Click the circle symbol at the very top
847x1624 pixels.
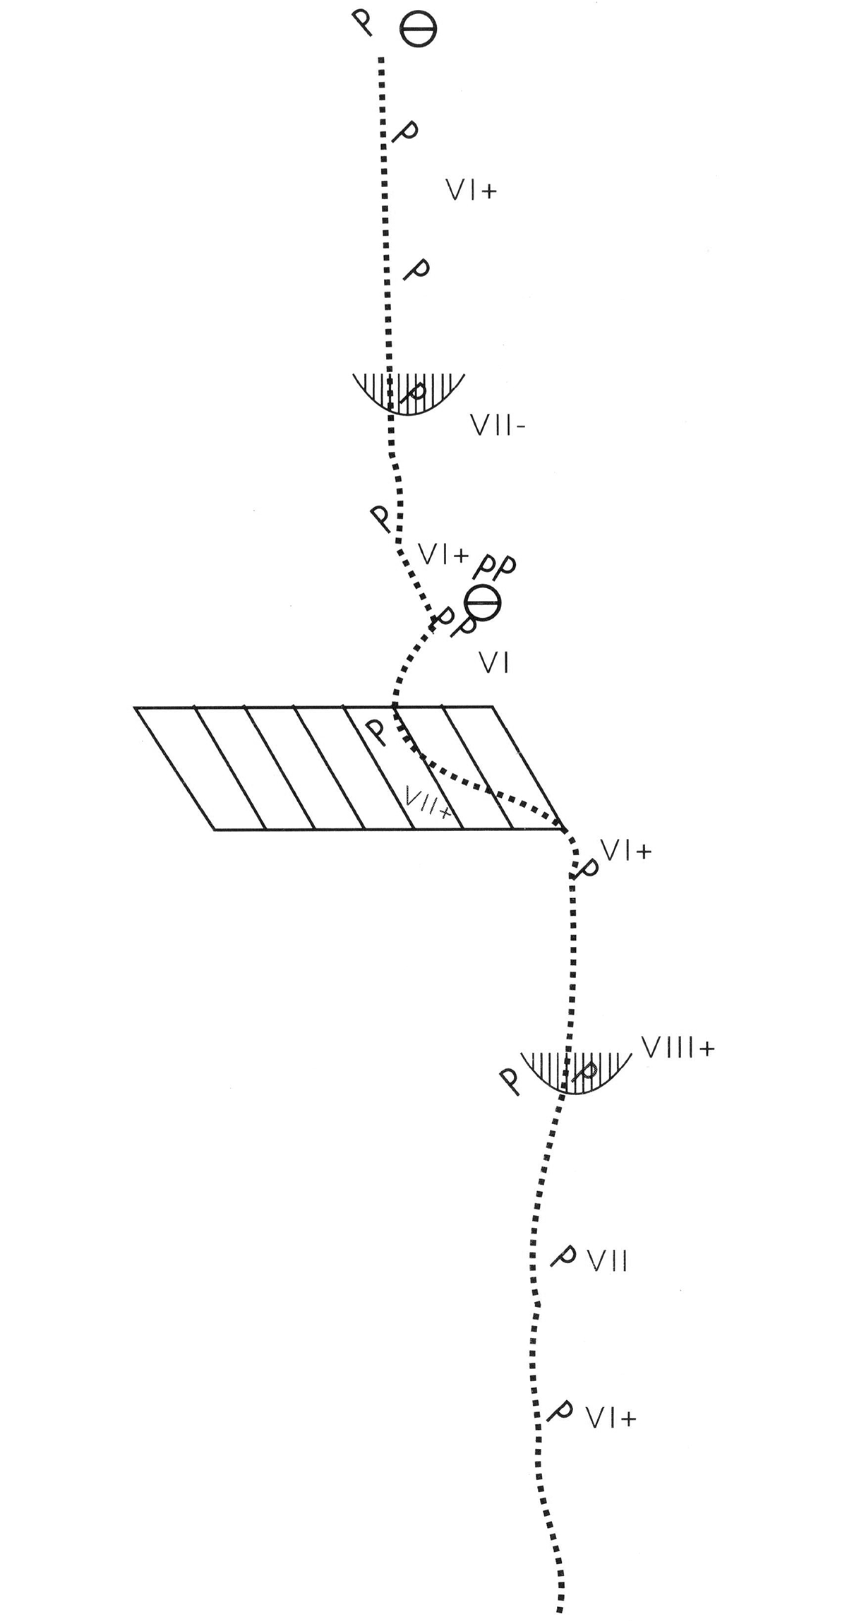tap(418, 30)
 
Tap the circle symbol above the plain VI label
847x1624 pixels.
tap(483, 603)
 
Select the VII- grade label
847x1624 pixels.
tap(497, 425)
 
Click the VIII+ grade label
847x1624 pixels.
tap(678, 1047)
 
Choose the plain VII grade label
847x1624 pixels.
tap(608, 1260)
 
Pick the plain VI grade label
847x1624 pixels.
tap(494, 663)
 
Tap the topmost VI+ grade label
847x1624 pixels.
tap(471, 190)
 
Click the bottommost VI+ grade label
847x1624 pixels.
tap(611, 1417)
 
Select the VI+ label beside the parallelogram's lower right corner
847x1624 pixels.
tap(625, 852)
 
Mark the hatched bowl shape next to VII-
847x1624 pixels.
tap(409, 394)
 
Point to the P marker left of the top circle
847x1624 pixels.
tap(364, 25)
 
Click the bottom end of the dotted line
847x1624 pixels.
tap(560, 1607)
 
